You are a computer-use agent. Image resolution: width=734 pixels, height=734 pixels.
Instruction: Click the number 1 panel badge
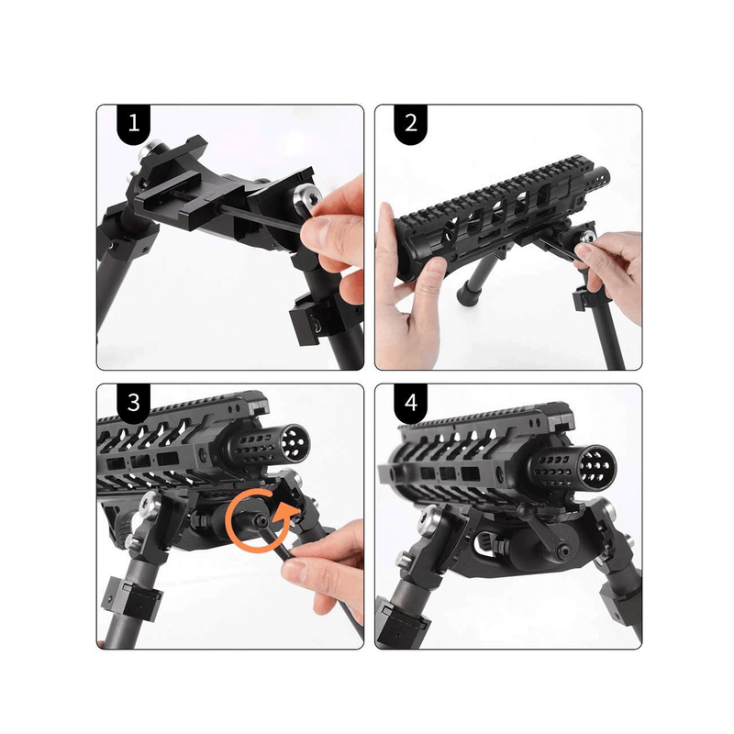click(x=134, y=124)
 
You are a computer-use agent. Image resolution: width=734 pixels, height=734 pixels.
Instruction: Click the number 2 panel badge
click(x=410, y=124)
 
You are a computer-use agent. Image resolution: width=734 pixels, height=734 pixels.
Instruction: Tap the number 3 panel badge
click(x=134, y=403)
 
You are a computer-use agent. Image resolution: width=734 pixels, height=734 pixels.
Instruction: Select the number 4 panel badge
click(x=410, y=403)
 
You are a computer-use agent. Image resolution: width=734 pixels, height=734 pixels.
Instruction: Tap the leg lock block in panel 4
click(x=404, y=624)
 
